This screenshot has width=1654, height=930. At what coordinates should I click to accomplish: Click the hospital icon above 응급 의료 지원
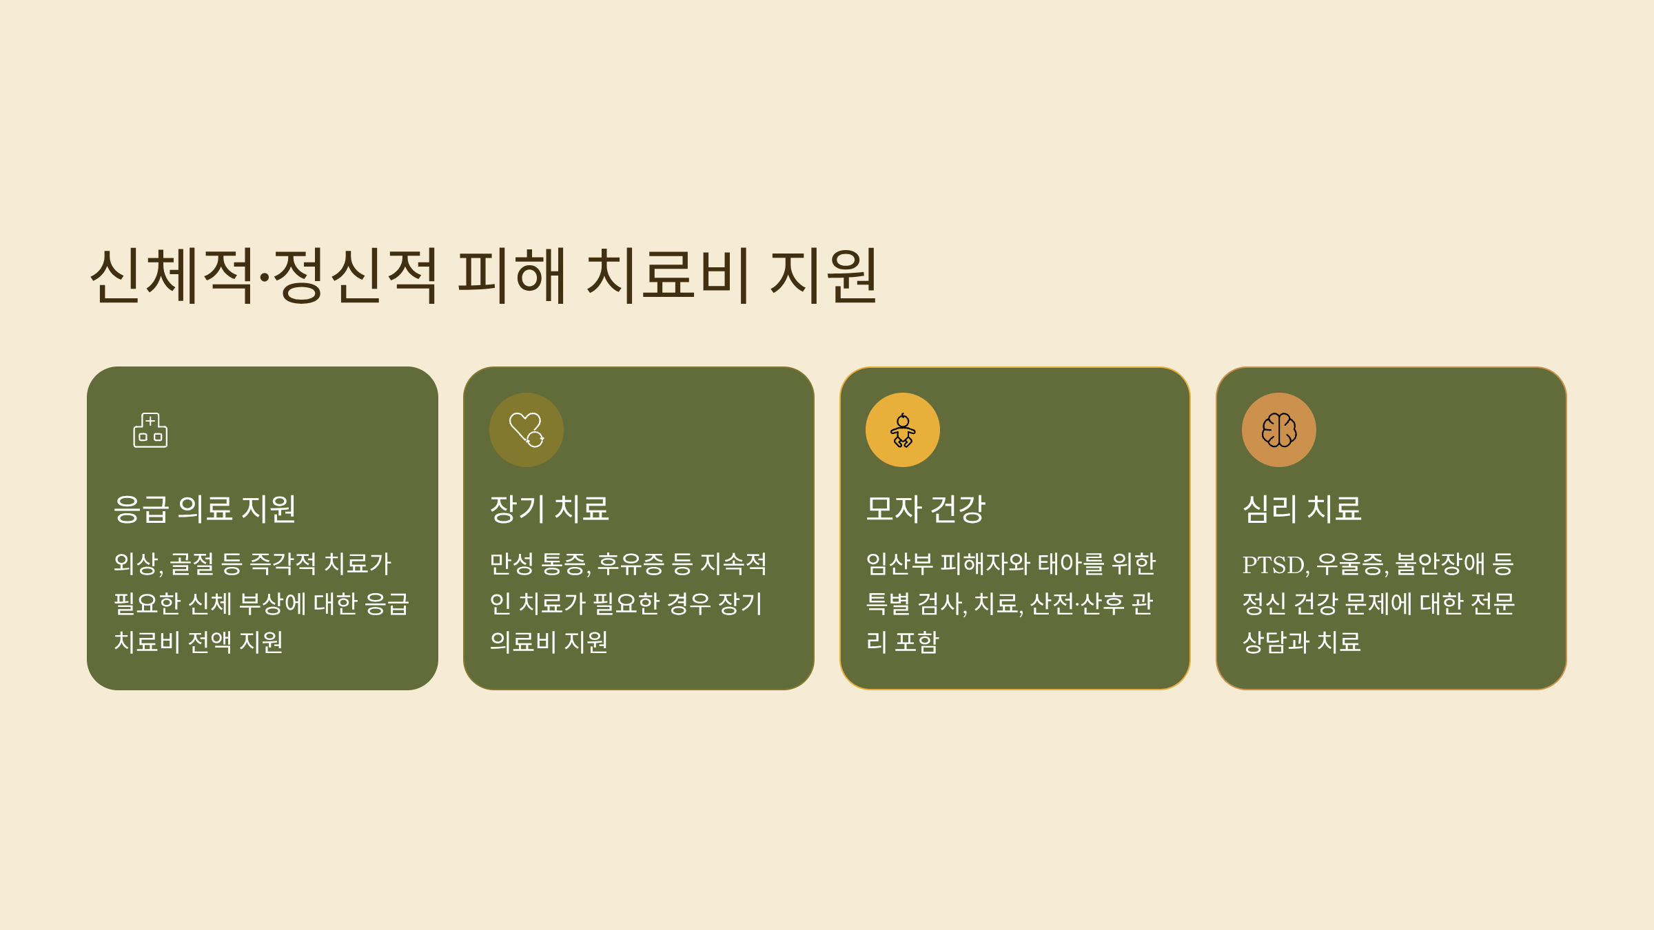(150, 430)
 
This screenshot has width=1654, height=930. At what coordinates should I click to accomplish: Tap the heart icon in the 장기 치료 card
(527, 430)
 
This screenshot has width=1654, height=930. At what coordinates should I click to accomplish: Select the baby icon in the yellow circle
(903, 430)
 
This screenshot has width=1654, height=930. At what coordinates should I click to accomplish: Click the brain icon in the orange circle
(1279, 430)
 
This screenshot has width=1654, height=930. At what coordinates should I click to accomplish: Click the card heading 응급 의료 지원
(205, 509)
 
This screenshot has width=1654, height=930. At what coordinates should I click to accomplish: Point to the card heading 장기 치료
(549, 509)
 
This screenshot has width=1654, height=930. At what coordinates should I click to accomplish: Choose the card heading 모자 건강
(926, 509)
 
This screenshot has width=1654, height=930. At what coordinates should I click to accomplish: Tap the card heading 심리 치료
(1302, 509)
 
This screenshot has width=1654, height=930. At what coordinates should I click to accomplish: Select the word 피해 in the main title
(512, 276)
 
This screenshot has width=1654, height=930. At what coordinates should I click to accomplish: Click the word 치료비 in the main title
(666, 276)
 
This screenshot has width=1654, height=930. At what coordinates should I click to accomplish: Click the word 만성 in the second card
(512, 564)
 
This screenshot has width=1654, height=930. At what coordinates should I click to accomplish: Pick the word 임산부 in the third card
(899, 564)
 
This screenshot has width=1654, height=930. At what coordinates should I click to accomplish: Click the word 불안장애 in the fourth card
(1440, 564)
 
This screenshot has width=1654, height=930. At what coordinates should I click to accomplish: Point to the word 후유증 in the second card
(631, 564)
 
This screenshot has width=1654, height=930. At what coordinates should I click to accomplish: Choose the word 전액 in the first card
(210, 642)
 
